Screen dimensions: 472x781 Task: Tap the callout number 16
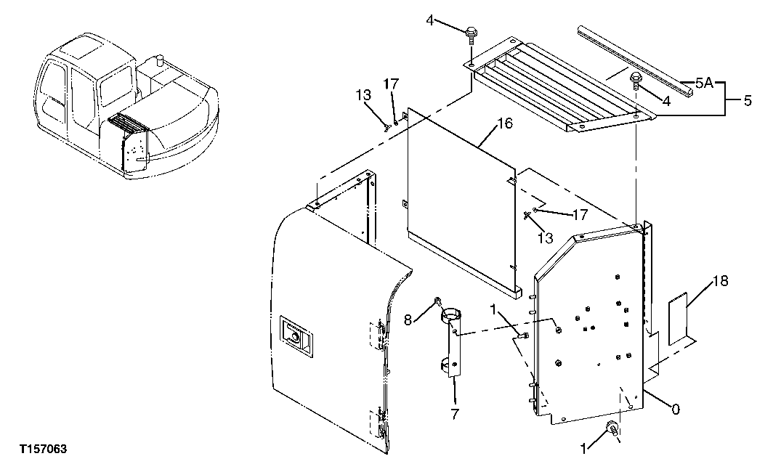click(504, 124)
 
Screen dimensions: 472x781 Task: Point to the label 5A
click(703, 84)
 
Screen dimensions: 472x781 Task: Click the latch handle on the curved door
click(296, 336)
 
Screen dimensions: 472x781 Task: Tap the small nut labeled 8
click(437, 301)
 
